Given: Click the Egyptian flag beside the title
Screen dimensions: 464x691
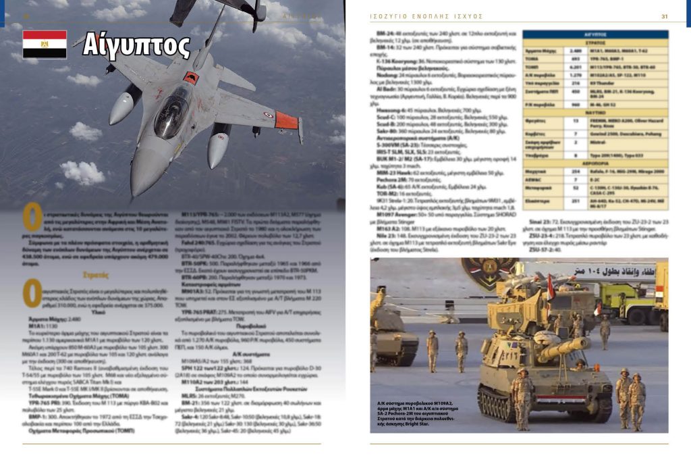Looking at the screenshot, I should click(45, 44).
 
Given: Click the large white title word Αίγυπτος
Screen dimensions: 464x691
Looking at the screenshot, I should click(136, 45).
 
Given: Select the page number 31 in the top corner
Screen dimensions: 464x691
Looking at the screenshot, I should click(664, 16).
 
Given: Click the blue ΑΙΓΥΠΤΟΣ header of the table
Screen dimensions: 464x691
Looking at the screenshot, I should click(596, 34).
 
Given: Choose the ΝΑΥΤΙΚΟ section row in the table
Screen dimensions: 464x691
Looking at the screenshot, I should click(596, 113).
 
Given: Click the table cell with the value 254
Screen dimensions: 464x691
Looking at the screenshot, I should click(576, 172).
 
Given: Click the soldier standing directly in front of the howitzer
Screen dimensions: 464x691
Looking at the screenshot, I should click(522, 399).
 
